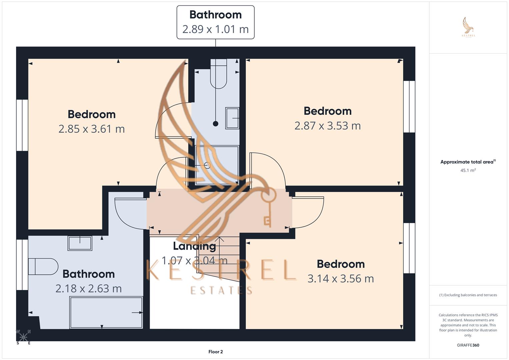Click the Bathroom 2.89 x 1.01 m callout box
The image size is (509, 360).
pyautogui.click(x=215, y=22)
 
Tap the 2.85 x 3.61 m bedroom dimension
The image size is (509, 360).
pyautogui.click(x=91, y=129)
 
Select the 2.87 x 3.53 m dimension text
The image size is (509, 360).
pyautogui.click(x=327, y=126)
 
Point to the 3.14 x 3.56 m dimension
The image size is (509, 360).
pyautogui.click(x=340, y=279)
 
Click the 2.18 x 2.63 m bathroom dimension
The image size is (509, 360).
pyautogui.click(x=88, y=289)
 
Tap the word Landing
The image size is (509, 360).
pyautogui.click(x=194, y=246)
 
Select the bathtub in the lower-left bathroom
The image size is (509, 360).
pyautogui.click(x=106, y=312)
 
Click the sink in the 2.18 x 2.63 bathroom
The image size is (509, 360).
pyautogui.click(x=80, y=243)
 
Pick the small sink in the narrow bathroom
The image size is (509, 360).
pyautogui.click(x=232, y=118)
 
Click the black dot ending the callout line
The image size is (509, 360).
pyautogui.click(x=216, y=124)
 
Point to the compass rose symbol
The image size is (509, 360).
pyautogui.click(x=23, y=337)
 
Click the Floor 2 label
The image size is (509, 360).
pyautogui.click(x=215, y=352)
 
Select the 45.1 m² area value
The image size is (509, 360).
pyautogui.click(x=468, y=170)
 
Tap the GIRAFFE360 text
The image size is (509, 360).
pyautogui.click(x=468, y=345)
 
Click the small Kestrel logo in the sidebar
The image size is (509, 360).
pyautogui.click(x=468, y=27)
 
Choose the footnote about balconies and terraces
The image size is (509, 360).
pyautogui.click(x=468, y=295)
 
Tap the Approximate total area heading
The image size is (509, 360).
pyautogui.click(x=468, y=162)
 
